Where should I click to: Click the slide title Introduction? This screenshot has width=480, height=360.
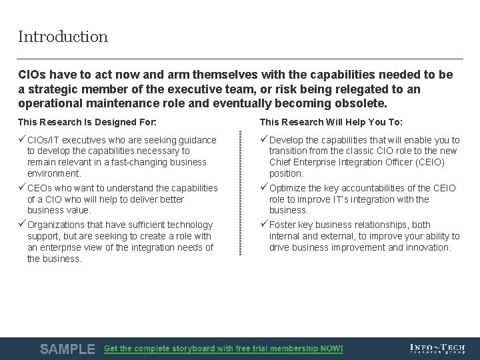click(x=63, y=37)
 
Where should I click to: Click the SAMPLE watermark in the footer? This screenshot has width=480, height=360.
click(x=67, y=349)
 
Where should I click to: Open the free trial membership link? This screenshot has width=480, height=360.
click(x=223, y=349)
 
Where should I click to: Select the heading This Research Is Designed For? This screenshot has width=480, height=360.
click(x=87, y=122)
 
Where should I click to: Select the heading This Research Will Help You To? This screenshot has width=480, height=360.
click(x=331, y=122)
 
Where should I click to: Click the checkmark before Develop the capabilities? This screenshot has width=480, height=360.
click(x=264, y=139)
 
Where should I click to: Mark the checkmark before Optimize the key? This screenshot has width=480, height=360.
click(x=264, y=187)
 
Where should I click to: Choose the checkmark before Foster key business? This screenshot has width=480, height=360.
click(x=264, y=224)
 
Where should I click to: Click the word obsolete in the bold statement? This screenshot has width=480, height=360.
click(x=361, y=103)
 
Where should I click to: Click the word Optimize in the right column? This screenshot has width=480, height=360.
click(x=289, y=188)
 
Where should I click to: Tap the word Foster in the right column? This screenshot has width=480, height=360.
click(x=283, y=225)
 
